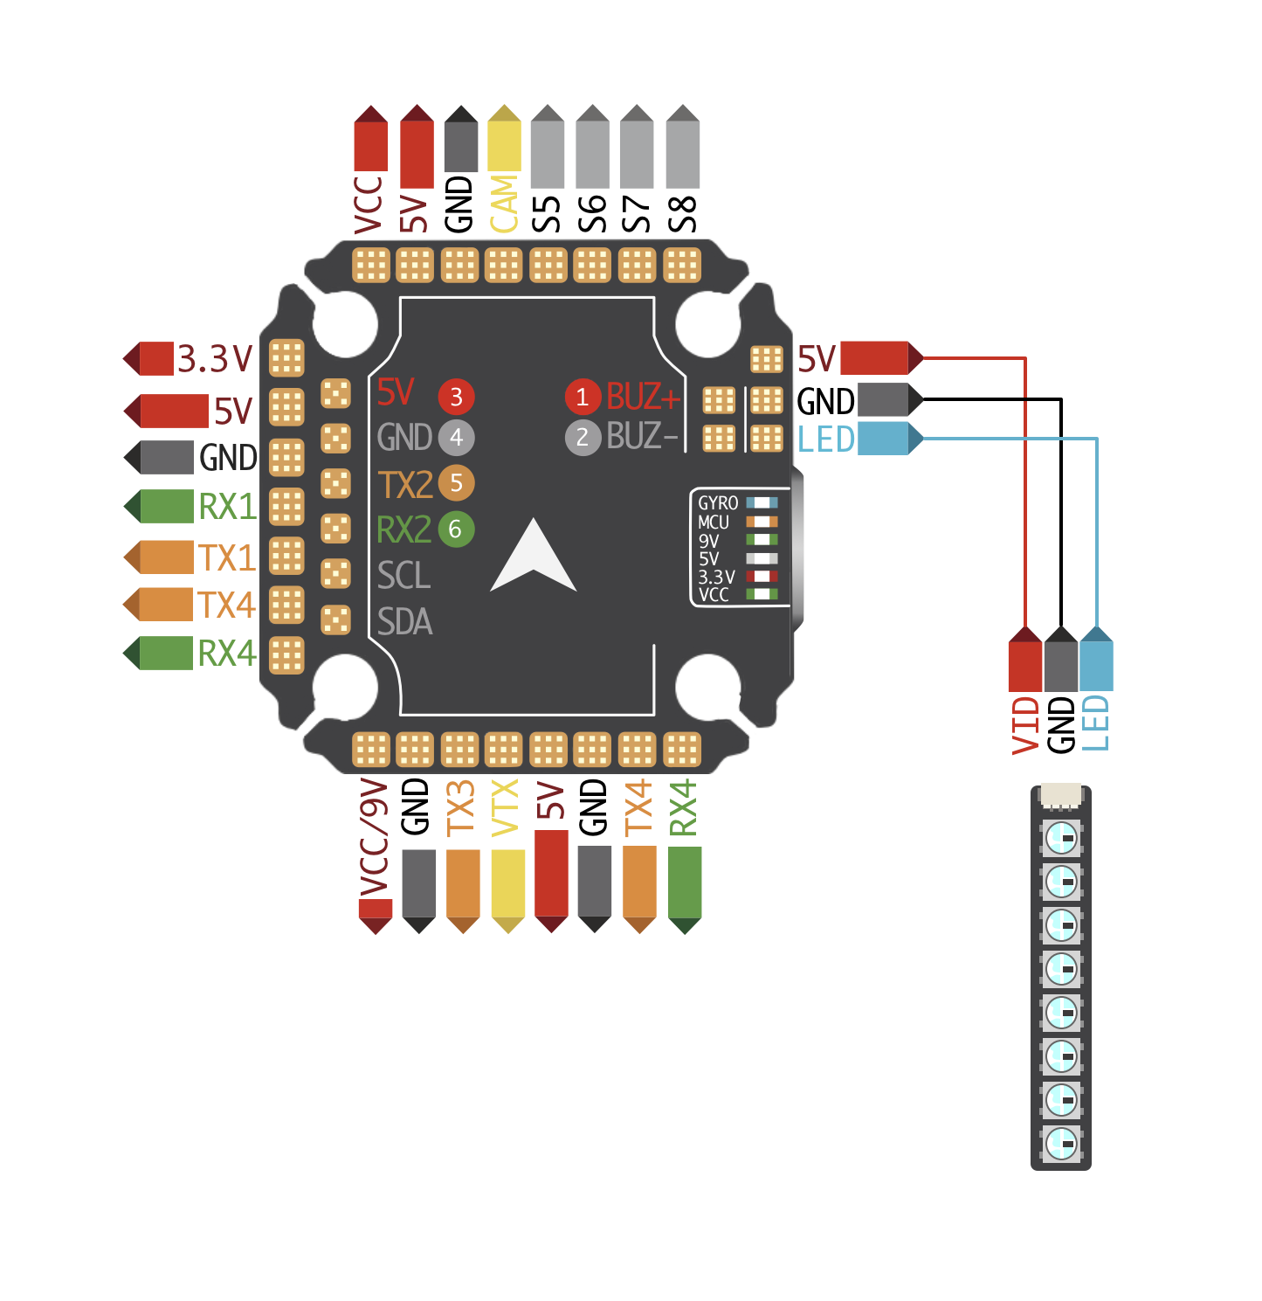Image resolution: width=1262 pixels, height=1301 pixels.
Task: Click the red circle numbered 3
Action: point(456,397)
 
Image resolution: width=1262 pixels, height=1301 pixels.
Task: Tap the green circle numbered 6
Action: point(456,529)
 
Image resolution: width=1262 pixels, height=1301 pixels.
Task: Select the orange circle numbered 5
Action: point(456,482)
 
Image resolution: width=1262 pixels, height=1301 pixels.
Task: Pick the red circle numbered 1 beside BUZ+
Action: point(583,397)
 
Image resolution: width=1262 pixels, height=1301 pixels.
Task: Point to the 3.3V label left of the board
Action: point(214,358)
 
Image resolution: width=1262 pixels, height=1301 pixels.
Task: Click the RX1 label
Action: point(227,507)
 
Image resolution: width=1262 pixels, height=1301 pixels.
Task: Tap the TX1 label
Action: point(226,557)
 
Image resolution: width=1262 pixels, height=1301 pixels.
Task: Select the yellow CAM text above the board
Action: point(504,204)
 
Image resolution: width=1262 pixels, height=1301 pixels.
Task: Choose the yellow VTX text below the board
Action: point(506,807)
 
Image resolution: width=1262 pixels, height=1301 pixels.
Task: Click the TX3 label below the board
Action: point(460,808)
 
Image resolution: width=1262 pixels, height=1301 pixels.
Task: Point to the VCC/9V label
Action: point(374,839)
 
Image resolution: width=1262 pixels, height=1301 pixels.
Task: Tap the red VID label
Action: point(1026,725)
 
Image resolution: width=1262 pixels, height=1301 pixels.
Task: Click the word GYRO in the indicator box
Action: point(718,503)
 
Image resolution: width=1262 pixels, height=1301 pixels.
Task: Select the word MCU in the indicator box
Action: point(714,522)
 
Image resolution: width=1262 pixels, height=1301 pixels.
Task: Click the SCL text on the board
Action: point(404,576)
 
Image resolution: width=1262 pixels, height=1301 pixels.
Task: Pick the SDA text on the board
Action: point(405,622)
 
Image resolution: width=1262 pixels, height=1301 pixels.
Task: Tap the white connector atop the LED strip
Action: point(1061,794)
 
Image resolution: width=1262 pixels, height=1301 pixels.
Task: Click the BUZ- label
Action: point(642,436)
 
